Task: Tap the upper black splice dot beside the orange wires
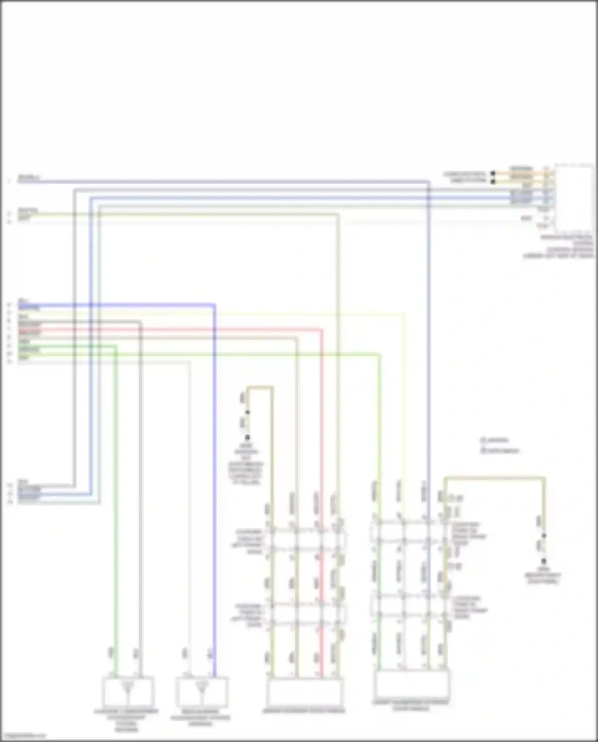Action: (x=493, y=173)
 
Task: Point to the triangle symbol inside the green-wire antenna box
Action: (x=128, y=687)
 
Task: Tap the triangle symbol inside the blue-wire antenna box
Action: (x=202, y=687)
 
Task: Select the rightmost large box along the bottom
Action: (x=411, y=683)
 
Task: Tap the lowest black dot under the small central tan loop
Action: (x=247, y=437)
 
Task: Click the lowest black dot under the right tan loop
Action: (x=543, y=561)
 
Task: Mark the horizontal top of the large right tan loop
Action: (x=494, y=477)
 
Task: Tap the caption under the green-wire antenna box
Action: (x=126, y=720)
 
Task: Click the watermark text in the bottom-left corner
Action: (x=24, y=736)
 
